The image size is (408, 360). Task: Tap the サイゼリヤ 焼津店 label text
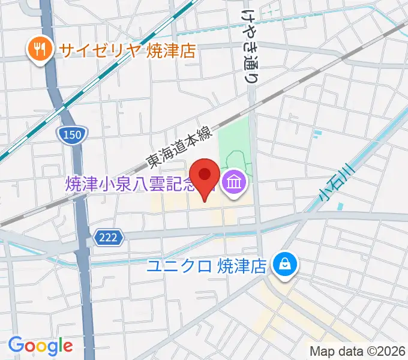(x=127, y=49)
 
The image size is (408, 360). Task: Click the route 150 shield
(x=71, y=136)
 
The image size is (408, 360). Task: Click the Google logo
(x=40, y=346)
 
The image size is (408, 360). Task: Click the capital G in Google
(x=16, y=346)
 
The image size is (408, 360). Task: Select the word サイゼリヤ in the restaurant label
(x=100, y=49)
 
